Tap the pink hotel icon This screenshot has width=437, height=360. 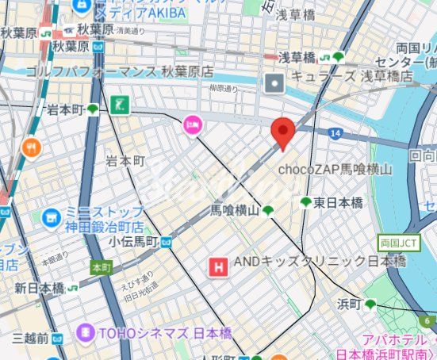(193, 124)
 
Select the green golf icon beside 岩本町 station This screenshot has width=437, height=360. (120, 104)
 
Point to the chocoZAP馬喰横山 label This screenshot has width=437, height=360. (335, 169)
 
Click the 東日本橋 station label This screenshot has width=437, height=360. (337, 203)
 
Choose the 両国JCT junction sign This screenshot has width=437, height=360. (393, 243)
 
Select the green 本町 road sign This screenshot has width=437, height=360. (102, 267)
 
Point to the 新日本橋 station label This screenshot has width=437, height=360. (39, 289)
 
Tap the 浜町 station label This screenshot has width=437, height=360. (349, 304)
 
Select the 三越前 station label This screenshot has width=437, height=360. (33, 339)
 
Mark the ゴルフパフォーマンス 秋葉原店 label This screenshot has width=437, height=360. (119, 71)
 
